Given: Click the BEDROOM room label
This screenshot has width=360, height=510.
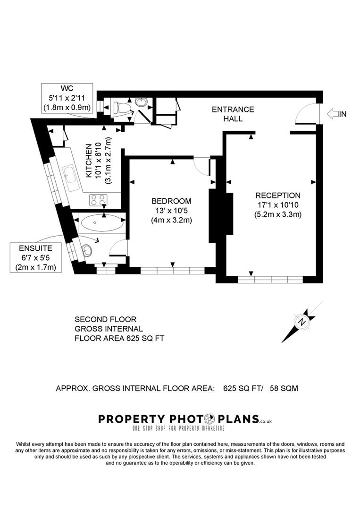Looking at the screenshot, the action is point(172,201).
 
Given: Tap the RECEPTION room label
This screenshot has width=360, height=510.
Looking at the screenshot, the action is point(278,195).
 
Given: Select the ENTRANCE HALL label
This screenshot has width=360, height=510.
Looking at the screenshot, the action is point(233,114).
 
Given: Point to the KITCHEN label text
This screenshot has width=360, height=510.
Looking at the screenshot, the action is point(88,161).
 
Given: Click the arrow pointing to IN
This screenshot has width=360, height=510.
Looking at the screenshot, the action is point(333,114).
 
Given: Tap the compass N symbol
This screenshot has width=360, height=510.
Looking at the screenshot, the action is point(302,322).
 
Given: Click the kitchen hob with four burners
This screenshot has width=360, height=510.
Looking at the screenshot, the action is point(98,200).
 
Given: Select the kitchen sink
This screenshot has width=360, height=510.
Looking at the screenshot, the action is point(71,178).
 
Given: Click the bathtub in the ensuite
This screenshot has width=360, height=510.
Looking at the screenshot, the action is point(102,223).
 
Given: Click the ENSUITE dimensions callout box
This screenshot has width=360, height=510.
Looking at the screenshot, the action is point(36,257).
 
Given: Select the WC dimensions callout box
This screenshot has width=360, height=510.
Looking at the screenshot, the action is point(67,98).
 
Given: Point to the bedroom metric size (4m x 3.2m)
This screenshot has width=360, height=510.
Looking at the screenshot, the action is point(172,220).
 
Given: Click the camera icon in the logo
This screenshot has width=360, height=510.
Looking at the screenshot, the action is point(210,418).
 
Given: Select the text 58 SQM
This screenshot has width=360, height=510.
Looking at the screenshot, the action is point(284,388).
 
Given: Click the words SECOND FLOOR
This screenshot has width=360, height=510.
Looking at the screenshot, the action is point(106,319).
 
